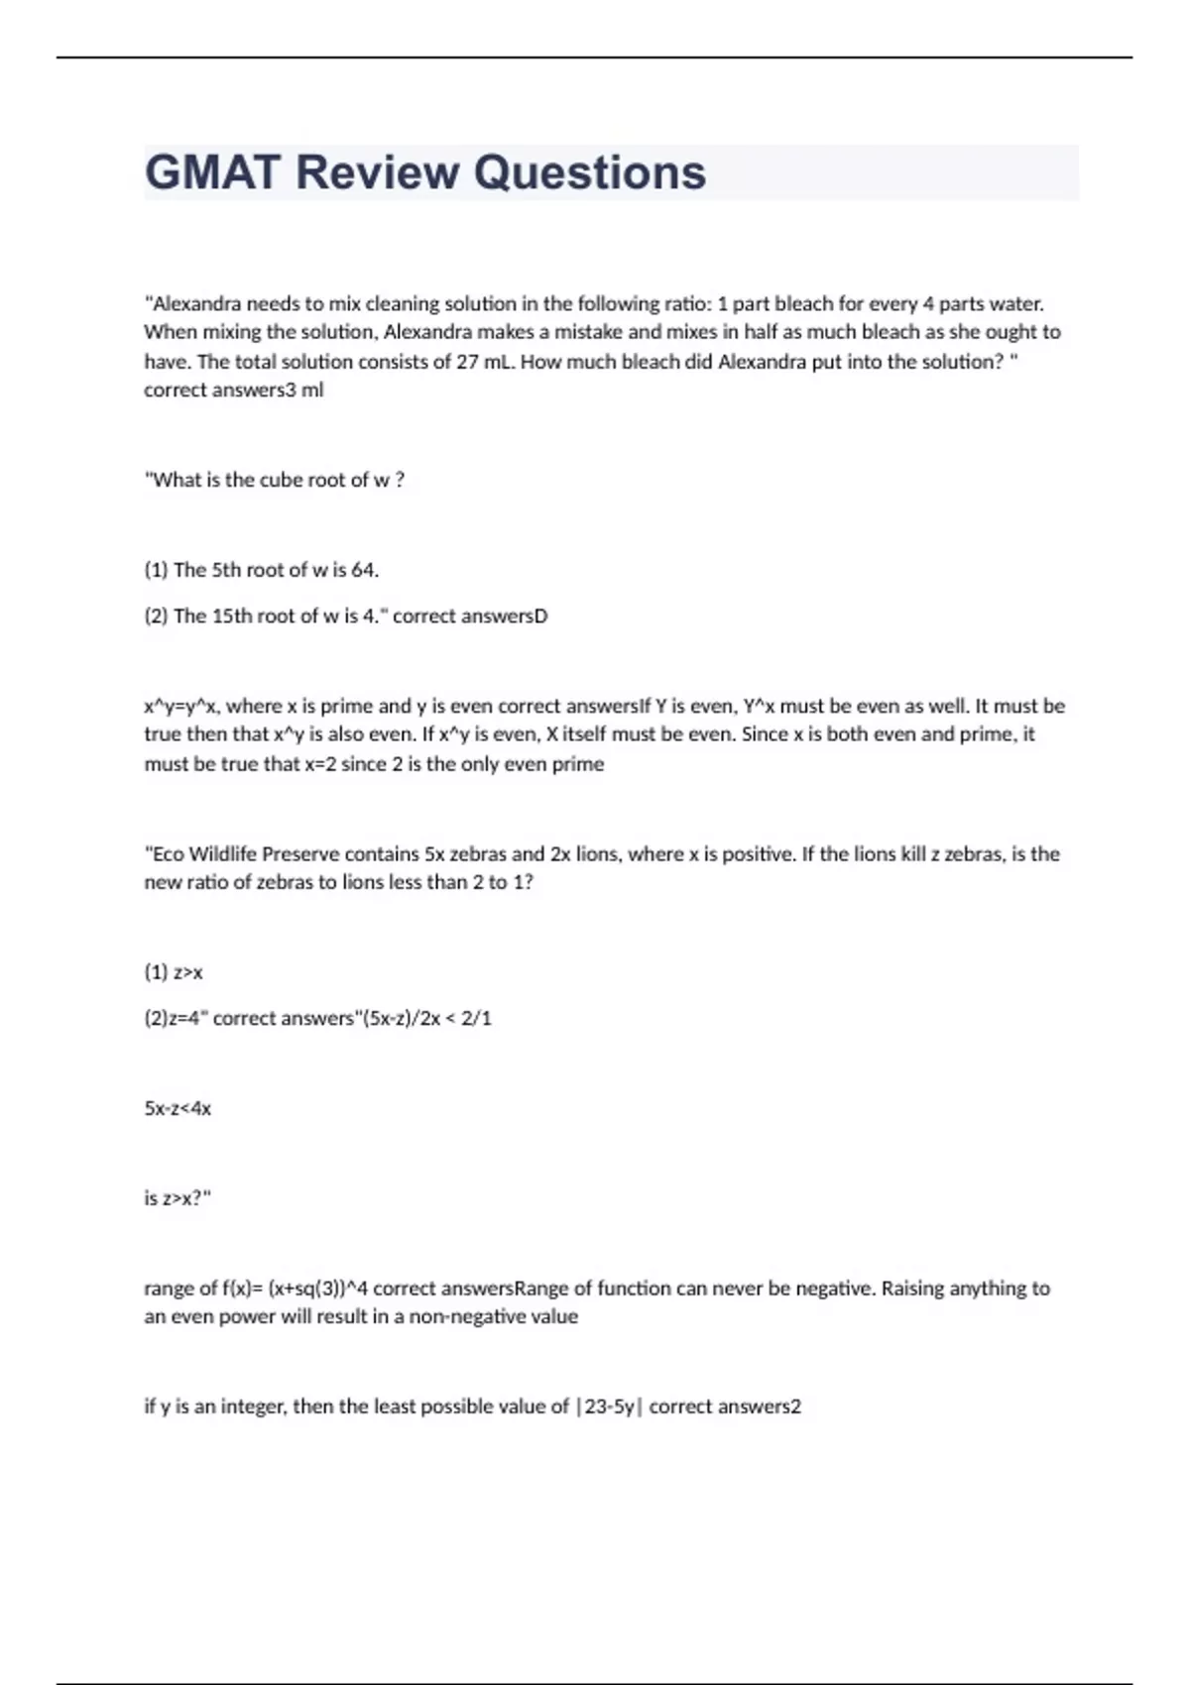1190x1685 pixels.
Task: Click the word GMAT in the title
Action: [x=212, y=172]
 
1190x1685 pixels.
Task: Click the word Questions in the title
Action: [x=590, y=172]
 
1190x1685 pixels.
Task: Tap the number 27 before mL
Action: [x=467, y=362]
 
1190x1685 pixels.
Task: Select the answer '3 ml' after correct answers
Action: [x=304, y=391]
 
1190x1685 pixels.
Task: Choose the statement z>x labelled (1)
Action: [x=187, y=972]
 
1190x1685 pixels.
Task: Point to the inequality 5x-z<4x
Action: [x=178, y=1108]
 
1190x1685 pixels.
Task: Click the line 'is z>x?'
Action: [x=178, y=1198]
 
